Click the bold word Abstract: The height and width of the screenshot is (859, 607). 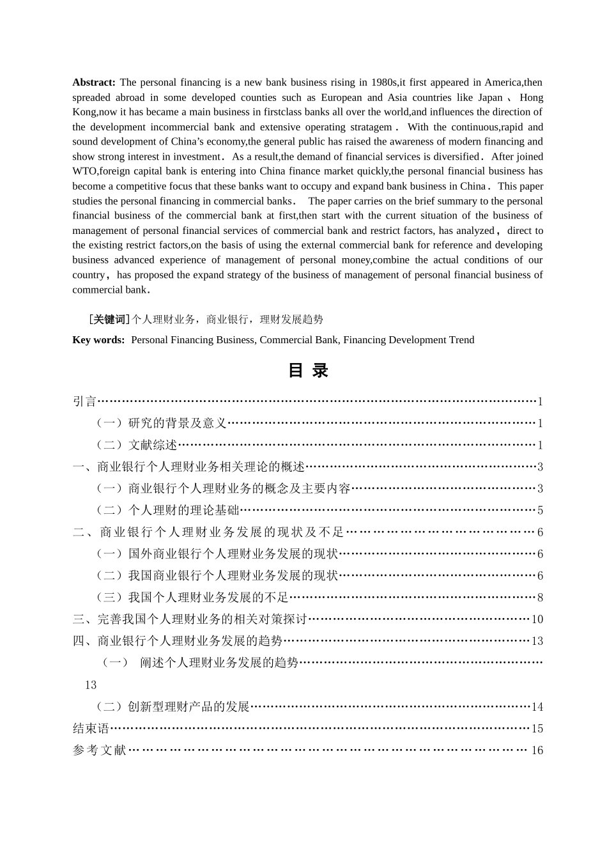pos(93,82)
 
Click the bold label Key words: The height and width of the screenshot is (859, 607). pos(98,340)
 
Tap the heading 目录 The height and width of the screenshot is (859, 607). pos(308,371)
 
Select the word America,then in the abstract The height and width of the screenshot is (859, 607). pos(513,82)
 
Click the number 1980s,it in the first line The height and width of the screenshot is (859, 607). pos(381,82)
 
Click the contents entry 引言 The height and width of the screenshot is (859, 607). pos(84,401)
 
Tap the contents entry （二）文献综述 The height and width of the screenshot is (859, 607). pos(135,445)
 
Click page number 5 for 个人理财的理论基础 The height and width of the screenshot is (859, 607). pos(540,511)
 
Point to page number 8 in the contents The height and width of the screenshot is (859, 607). pos(540,598)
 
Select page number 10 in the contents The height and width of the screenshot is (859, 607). pos(537,619)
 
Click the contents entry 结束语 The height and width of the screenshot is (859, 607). pos(91,729)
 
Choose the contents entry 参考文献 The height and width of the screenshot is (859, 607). pos(100,750)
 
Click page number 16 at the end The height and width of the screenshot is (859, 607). pos(537,750)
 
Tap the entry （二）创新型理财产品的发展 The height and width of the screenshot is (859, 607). pos(172,707)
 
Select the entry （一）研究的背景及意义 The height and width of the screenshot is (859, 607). pos(161,423)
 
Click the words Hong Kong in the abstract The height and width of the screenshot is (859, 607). pos(531,98)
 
